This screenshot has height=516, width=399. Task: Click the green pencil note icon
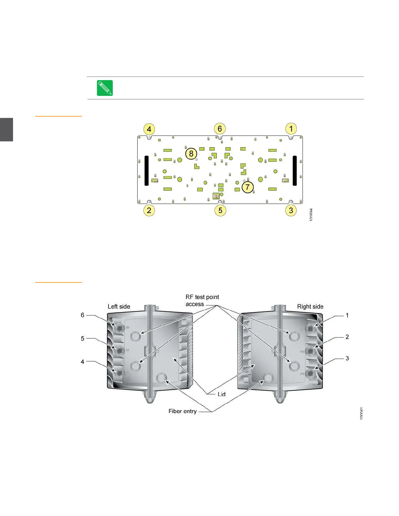point(105,88)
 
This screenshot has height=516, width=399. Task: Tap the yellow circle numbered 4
point(149,129)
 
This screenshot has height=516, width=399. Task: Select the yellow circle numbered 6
point(220,129)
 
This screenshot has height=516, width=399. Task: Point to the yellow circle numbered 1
point(291,129)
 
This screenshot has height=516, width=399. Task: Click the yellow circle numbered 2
point(149,210)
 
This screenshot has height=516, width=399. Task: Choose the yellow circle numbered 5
point(220,210)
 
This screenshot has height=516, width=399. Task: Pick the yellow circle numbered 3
point(291,210)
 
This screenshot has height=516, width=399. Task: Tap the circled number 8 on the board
point(191,153)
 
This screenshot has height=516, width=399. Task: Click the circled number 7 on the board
point(248,187)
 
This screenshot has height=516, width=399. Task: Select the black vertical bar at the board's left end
point(147,171)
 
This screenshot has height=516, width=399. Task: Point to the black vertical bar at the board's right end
point(295,171)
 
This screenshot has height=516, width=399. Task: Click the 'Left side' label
point(119,307)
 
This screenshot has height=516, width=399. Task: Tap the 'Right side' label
point(310,307)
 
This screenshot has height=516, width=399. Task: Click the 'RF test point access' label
point(202,300)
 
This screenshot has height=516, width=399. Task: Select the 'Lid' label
point(222,394)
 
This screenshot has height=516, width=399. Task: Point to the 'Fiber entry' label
point(183,411)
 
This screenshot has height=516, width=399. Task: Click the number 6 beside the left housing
point(82,315)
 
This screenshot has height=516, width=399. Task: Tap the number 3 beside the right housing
point(347,358)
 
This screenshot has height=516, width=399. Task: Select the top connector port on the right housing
point(310,329)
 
